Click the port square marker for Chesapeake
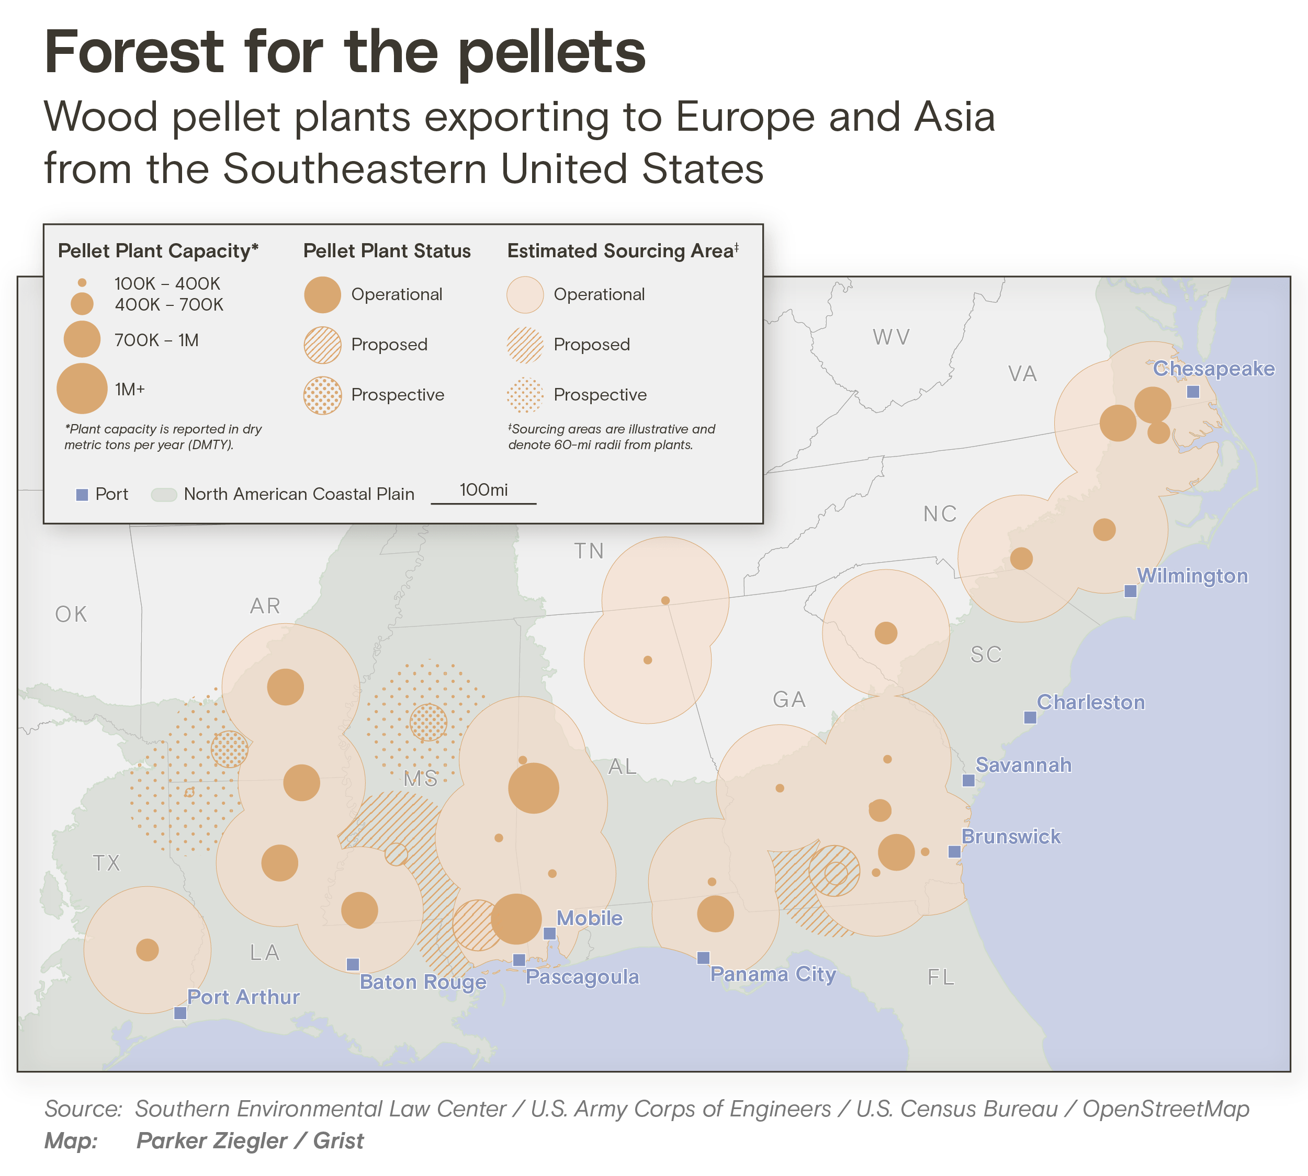(1193, 392)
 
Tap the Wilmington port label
(1192, 576)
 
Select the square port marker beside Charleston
(1030, 717)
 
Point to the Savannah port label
(1023, 765)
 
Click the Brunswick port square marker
(954, 852)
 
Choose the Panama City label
(773, 974)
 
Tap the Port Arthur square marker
(181, 1013)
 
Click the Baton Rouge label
(423, 982)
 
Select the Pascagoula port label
(582, 977)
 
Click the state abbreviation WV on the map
(891, 337)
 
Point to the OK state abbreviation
(71, 614)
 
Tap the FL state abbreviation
(941, 977)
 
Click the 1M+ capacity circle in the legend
(82, 389)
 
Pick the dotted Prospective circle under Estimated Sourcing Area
(525, 395)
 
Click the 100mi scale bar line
(483, 503)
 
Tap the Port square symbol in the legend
(82, 495)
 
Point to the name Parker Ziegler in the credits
(211, 1141)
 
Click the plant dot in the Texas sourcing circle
(148, 950)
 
